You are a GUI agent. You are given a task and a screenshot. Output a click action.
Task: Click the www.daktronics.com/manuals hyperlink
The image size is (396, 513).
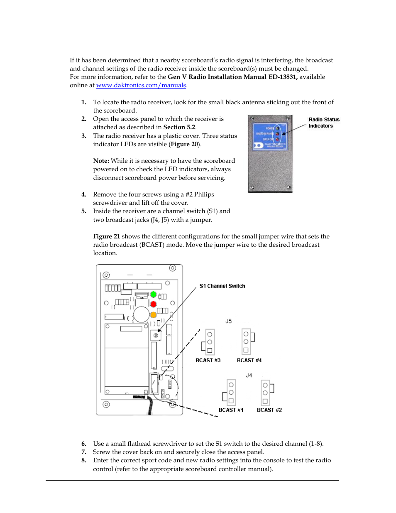(x=141, y=85)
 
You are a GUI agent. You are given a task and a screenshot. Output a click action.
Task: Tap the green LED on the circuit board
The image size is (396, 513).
(x=153, y=295)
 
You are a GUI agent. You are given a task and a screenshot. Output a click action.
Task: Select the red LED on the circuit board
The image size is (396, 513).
(x=153, y=304)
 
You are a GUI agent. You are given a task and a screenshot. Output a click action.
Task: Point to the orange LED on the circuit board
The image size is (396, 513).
(x=153, y=315)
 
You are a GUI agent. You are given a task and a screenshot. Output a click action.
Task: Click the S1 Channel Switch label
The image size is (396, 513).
(x=222, y=286)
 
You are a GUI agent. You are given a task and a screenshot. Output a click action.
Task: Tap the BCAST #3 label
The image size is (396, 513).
(x=208, y=361)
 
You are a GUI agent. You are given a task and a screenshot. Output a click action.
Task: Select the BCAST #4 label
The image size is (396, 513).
(x=249, y=361)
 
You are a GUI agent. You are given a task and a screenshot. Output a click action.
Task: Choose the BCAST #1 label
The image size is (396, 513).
(x=231, y=410)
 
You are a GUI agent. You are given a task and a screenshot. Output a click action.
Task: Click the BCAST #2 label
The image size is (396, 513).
(x=269, y=410)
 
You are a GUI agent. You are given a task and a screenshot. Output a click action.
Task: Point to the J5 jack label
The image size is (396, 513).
(x=228, y=321)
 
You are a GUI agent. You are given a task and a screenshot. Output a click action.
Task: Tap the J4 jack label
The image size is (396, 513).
(x=249, y=376)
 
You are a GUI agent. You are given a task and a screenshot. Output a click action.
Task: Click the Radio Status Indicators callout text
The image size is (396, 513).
(x=324, y=123)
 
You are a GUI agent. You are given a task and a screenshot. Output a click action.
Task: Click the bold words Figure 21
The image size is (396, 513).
(x=106, y=236)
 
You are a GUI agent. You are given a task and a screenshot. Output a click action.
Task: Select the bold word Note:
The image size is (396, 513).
(x=101, y=161)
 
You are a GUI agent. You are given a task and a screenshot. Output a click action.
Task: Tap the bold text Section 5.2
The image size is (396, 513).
(x=179, y=127)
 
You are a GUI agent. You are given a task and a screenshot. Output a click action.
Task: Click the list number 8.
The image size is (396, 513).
(x=83, y=460)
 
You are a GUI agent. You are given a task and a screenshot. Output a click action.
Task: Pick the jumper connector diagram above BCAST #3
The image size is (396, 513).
(x=208, y=342)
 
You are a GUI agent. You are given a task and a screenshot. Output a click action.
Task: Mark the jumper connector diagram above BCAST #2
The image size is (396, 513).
(x=266, y=393)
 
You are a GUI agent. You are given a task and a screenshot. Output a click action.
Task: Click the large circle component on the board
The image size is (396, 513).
(x=141, y=314)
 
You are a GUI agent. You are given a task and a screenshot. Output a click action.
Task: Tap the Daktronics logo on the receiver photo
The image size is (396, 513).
(x=259, y=145)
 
